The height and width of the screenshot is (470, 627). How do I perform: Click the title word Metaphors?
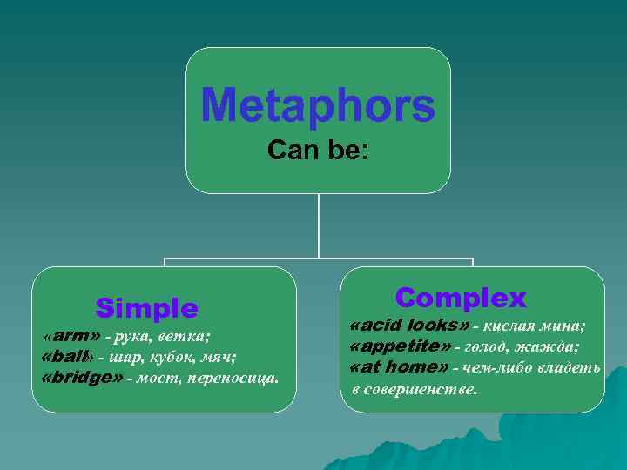point(318,106)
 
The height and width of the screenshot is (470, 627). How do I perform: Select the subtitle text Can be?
point(318,151)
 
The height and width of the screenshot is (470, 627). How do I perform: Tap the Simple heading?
point(147,308)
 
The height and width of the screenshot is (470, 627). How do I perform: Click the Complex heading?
point(461,299)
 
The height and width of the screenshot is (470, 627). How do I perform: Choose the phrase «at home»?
point(399,367)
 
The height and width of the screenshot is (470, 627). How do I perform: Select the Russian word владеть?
point(570,368)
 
